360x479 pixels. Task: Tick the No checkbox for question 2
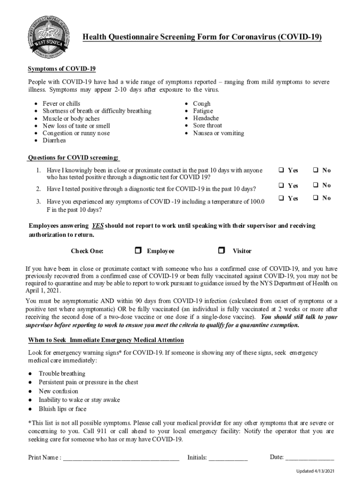[x=316, y=185]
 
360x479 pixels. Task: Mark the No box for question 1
[x=316, y=170]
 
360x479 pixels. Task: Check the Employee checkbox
[x=138, y=251]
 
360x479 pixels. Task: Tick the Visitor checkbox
[x=222, y=251]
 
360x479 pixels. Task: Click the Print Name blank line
[x=121, y=458]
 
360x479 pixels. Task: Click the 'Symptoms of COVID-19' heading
[x=62, y=69]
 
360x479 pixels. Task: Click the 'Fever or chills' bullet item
[x=61, y=103]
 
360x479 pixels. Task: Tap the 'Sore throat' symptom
[x=208, y=125]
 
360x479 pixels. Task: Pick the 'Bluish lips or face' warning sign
[x=62, y=409]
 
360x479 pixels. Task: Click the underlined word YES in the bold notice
[x=97, y=225]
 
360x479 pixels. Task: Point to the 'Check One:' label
[x=87, y=251]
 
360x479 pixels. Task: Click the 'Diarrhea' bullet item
[x=54, y=140]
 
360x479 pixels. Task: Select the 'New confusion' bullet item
[x=58, y=391]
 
